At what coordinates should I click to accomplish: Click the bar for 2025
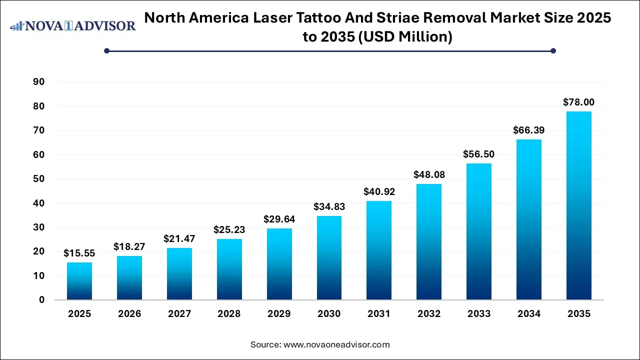(79, 281)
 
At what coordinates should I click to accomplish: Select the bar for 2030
(329, 258)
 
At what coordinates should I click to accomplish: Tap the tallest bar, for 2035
(578, 205)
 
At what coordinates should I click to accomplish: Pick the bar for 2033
(479, 231)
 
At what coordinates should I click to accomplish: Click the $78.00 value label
(578, 102)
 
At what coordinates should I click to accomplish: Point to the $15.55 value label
(79, 253)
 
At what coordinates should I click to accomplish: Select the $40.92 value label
(379, 192)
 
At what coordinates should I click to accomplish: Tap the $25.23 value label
(229, 230)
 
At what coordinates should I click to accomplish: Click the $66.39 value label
(528, 130)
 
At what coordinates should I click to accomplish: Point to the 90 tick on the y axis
(39, 82)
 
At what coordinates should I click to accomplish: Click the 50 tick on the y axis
(39, 179)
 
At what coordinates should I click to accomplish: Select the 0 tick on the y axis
(42, 300)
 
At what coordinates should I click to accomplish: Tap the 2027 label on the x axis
(179, 314)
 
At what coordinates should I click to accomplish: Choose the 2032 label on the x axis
(429, 314)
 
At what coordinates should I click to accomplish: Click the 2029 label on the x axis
(279, 314)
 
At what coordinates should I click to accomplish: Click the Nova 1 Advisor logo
(73, 25)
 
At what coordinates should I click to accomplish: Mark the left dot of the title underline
(106, 50)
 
